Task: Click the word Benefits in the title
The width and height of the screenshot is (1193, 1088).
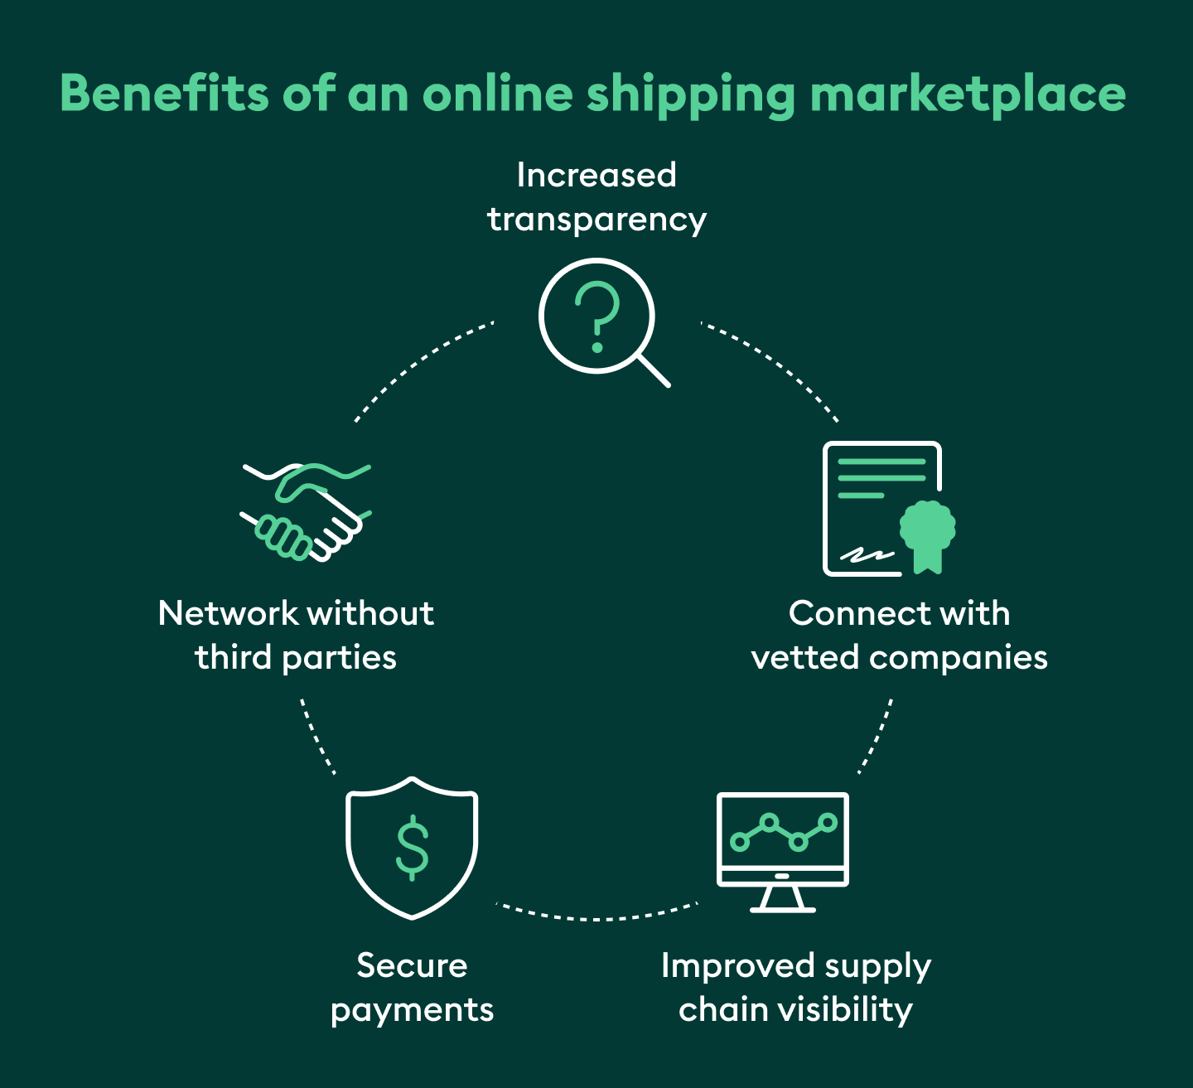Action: (x=164, y=93)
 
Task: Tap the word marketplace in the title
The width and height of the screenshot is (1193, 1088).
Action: (x=968, y=94)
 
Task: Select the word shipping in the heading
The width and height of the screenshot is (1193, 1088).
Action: (x=691, y=94)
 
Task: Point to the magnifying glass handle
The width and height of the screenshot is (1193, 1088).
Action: (x=654, y=371)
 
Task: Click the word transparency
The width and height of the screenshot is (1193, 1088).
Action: (x=596, y=220)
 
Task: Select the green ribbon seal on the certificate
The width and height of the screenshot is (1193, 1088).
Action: (x=928, y=531)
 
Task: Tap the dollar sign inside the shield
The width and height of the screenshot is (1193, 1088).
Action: (x=412, y=847)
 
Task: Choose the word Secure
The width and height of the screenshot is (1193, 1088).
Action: (x=412, y=966)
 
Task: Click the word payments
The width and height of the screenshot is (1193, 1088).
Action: (x=412, y=1010)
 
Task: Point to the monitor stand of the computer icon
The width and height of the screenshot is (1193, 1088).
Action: (x=782, y=900)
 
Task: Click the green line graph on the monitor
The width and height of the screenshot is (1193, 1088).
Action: (x=783, y=832)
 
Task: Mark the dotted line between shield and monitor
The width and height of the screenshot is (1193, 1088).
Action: (x=596, y=918)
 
